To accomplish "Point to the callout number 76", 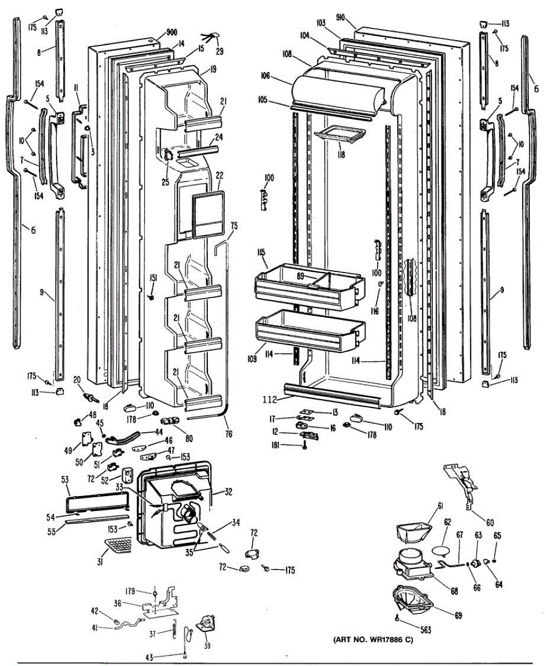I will coord(229,433).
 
